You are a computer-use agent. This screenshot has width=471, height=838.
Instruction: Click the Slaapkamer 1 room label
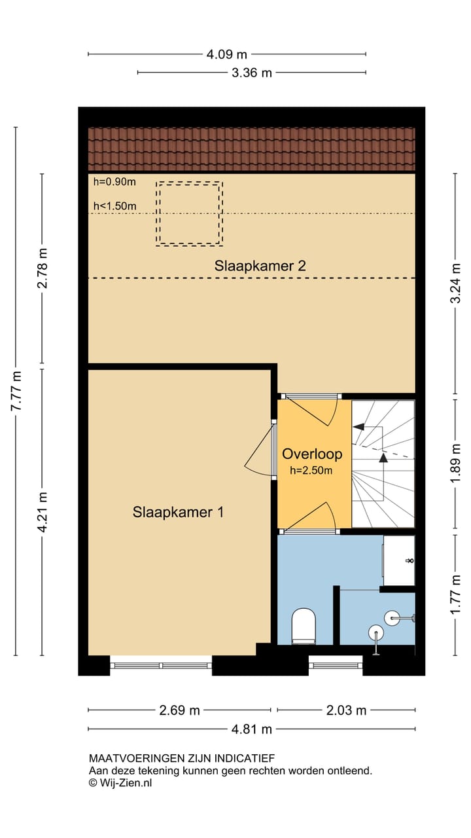tap(179, 512)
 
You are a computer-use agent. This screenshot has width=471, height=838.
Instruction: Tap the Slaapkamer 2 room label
tap(260, 266)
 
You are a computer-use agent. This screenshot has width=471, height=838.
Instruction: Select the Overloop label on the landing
tap(312, 454)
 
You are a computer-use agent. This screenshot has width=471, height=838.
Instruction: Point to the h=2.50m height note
tap(311, 470)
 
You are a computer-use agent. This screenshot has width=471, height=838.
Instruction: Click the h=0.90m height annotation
tap(114, 182)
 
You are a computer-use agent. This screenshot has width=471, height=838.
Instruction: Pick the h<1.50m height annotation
tap(114, 206)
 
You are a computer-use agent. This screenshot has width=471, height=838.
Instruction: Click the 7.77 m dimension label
tap(16, 391)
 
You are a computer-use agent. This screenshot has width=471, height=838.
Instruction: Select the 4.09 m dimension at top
tap(227, 54)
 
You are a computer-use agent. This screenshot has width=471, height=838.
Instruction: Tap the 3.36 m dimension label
tap(252, 73)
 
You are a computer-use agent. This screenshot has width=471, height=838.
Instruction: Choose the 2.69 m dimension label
tap(179, 710)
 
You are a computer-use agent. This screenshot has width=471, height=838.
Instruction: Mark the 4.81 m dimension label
tap(252, 729)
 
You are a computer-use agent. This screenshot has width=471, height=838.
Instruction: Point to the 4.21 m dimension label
tap(42, 512)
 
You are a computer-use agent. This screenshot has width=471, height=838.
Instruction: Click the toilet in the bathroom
tap(304, 627)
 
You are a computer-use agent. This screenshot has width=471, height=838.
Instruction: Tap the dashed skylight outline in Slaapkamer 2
tap(190, 182)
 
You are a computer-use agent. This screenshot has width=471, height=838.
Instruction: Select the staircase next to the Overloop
tap(383, 464)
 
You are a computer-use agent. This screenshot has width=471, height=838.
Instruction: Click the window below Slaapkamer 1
tap(161, 666)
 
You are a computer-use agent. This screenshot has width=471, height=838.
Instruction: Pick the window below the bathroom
tap(336, 666)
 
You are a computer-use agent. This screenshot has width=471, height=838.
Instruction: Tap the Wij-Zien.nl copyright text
tap(120, 782)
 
